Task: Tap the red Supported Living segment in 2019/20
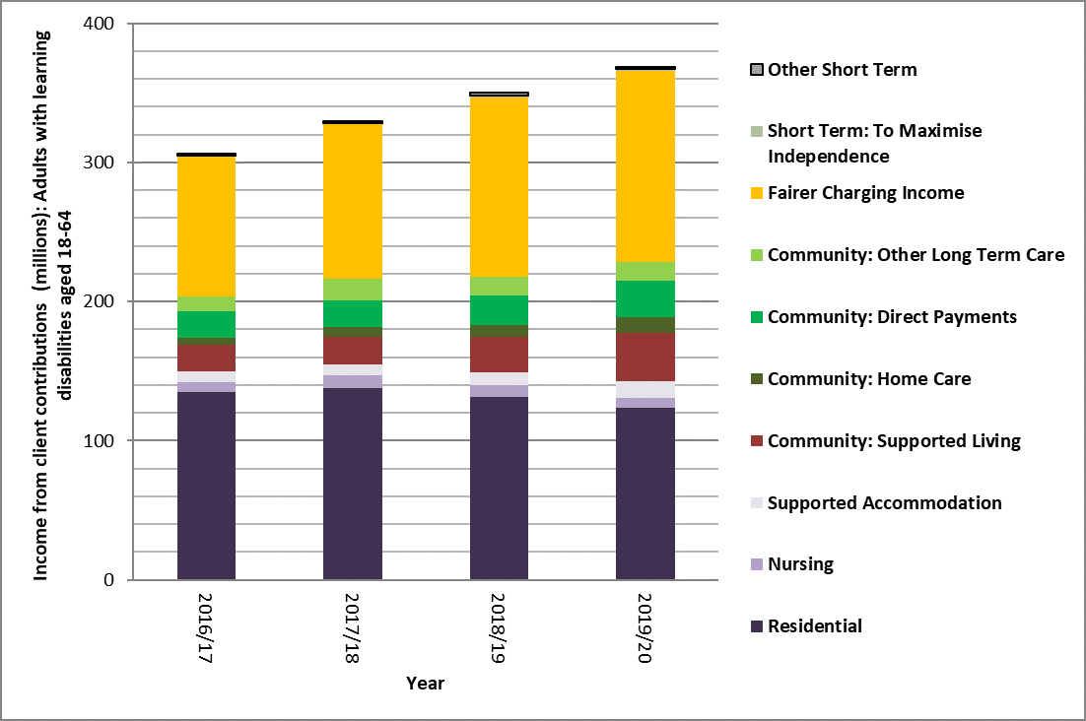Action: [645, 357]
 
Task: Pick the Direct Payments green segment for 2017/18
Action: [353, 313]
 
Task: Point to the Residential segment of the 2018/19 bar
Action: [499, 488]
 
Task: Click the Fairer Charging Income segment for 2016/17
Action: [206, 227]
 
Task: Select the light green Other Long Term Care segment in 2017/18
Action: [353, 290]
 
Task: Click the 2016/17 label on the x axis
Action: [207, 625]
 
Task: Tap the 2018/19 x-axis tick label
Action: [500, 625]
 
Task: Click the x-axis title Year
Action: [425, 684]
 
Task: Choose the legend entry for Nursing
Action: [800, 564]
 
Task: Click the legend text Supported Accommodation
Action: [884, 502]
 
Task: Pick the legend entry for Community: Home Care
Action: [869, 378]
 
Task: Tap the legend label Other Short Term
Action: [842, 69]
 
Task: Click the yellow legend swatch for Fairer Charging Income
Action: [756, 193]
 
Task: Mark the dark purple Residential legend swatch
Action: [756, 626]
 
